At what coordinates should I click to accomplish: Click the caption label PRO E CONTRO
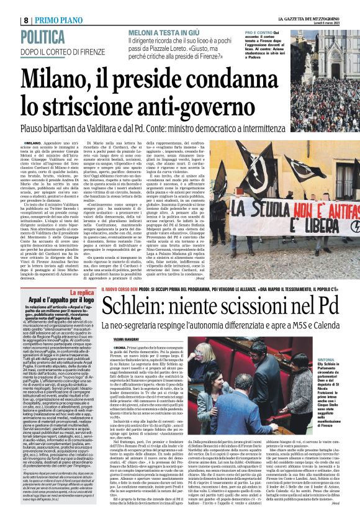coord(258,32)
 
